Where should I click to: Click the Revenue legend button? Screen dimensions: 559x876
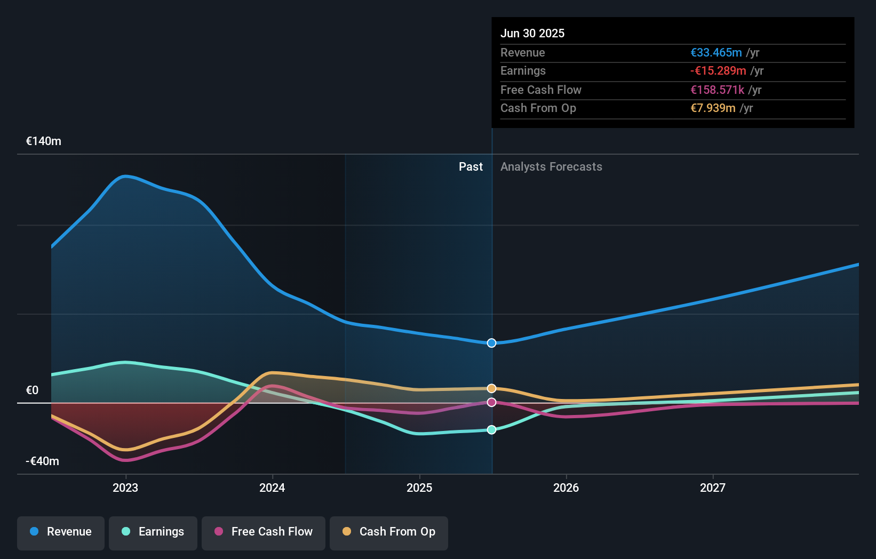click(x=61, y=532)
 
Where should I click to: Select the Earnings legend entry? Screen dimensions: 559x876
click(x=153, y=532)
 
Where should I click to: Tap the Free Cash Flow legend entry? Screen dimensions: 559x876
click(x=264, y=532)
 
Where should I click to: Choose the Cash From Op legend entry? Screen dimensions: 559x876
click(x=389, y=532)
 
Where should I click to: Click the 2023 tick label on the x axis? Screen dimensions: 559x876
click(x=125, y=488)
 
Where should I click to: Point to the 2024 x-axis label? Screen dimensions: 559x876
click(x=272, y=488)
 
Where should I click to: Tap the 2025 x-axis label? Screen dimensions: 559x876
click(x=419, y=488)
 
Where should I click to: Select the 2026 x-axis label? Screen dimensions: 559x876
click(x=566, y=488)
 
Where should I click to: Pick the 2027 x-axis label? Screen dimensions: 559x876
click(x=713, y=488)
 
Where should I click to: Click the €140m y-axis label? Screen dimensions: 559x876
click(x=44, y=141)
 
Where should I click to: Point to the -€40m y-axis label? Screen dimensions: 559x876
click(x=43, y=461)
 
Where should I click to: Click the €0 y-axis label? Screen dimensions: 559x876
click(x=32, y=390)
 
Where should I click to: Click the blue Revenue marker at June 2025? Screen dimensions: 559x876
click(x=492, y=343)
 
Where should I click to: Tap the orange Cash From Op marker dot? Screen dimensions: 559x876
click(x=492, y=388)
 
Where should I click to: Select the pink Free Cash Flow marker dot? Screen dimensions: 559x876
click(x=492, y=402)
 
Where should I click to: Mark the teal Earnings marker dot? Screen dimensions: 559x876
click(x=492, y=430)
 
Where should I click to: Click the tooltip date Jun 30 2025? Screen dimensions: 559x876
click(x=532, y=34)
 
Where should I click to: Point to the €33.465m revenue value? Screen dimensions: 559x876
click(x=716, y=53)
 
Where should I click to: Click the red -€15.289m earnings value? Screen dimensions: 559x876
click(x=718, y=71)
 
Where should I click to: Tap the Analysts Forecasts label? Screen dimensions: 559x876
click(x=551, y=167)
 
